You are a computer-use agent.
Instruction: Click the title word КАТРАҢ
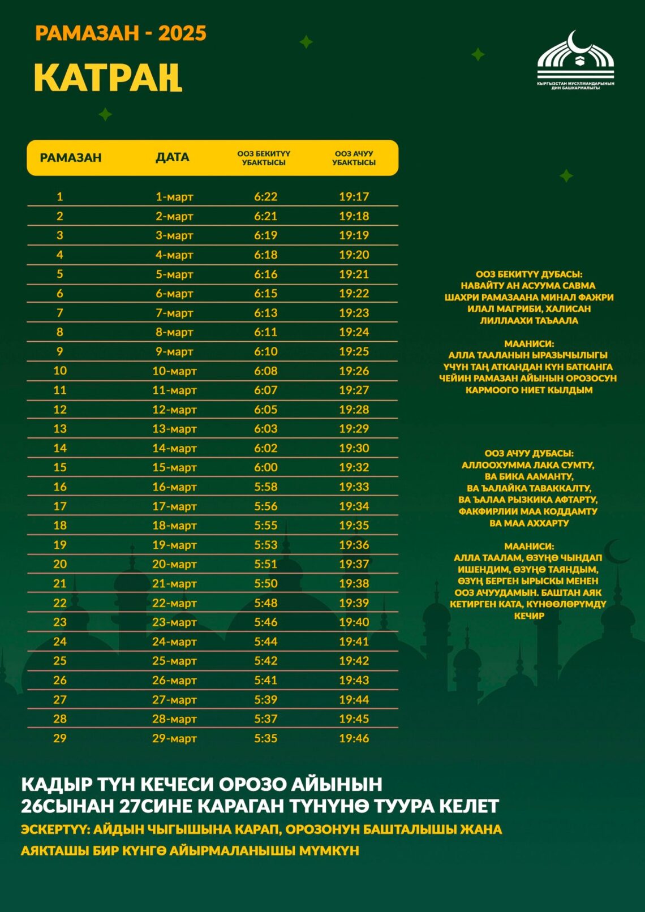coord(107,78)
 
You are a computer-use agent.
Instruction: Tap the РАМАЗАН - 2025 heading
coord(121,33)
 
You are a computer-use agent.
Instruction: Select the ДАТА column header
coord(173,157)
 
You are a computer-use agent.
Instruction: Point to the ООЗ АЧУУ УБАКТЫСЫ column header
coord(354,158)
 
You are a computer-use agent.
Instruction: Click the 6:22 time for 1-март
coord(265,197)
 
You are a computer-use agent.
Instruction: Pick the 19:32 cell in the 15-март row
coord(354,467)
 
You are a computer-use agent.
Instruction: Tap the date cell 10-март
coord(174,371)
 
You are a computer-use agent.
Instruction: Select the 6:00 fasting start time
coord(265,467)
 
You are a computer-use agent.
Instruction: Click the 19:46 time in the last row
coord(354,738)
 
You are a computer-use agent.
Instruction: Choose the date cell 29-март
coord(174,738)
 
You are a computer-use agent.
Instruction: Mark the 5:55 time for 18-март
coord(265,526)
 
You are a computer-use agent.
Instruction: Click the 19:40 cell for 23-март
coord(354,622)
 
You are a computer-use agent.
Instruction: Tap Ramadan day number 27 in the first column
coord(60,700)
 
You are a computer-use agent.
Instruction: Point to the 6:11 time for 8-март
coord(265,332)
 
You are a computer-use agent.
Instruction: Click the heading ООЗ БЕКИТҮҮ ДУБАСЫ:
coord(528,274)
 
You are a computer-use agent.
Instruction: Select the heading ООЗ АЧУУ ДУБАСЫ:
coord(528,454)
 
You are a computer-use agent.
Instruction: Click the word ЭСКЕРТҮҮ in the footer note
coord(55,829)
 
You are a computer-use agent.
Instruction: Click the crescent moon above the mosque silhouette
coord(616,551)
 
